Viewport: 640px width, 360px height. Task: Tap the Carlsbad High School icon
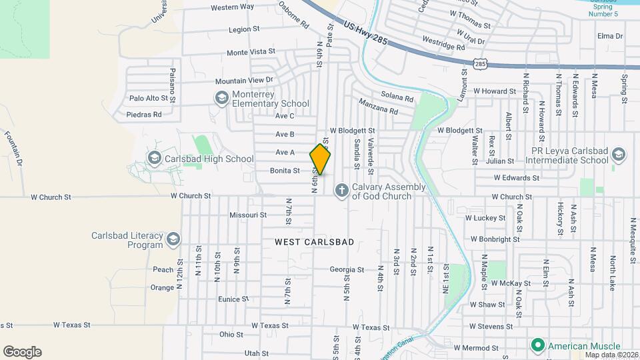[x=155, y=159]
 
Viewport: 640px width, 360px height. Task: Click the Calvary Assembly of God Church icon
[x=341, y=191]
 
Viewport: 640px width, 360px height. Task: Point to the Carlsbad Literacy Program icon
[x=173, y=239]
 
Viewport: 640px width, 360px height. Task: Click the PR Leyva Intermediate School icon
[x=618, y=155]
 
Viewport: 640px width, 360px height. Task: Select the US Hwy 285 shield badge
[x=481, y=64]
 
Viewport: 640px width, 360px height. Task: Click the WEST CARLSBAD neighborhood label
[x=314, y=243]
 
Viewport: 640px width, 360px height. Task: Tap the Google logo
[x=22, y=352]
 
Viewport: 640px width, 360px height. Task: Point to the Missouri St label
[x=248, y=215]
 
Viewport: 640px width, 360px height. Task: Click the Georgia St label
[x=347, y=270]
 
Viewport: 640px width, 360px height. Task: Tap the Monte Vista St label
[x=251, y=52]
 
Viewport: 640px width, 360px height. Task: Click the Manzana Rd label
[x=377, y=106]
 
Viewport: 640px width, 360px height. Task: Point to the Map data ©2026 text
[x=611, y=354]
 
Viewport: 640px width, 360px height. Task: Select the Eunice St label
[x=233, y=299]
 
